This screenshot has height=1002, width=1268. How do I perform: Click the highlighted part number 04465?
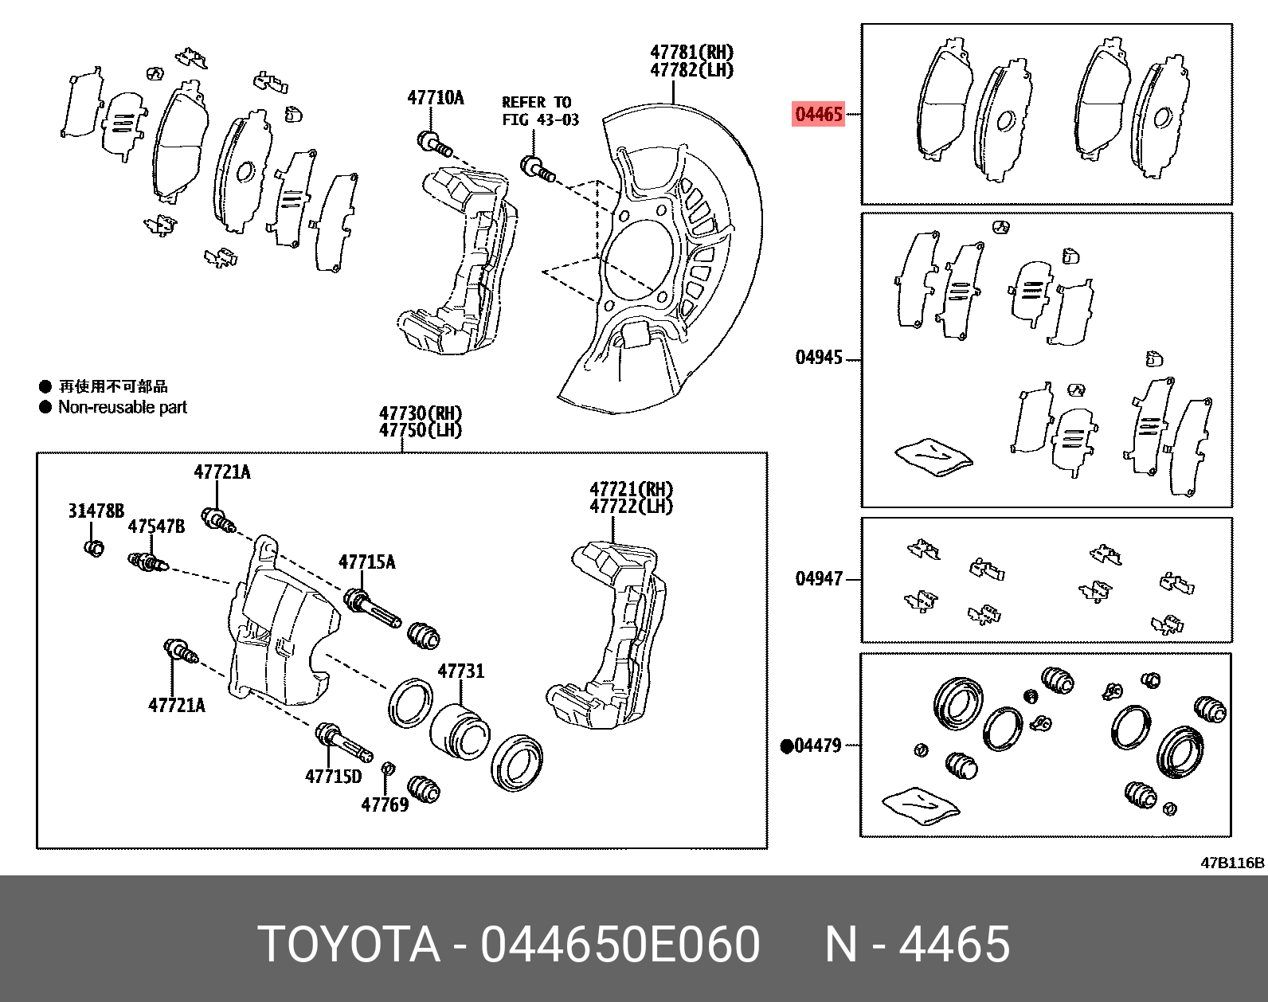coord(819,114)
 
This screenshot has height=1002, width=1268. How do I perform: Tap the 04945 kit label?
coord(819,358)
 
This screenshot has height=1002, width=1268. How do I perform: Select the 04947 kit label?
coord(819,578)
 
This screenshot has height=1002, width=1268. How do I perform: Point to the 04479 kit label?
coord(818,746)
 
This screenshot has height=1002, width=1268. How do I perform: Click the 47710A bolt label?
coord(436,98)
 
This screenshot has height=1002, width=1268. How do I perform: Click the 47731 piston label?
coord(460,671)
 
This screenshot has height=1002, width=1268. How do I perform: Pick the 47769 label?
coord(385,804)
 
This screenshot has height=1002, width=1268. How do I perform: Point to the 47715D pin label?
coord(333,776)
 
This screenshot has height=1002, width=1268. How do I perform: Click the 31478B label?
coord(96,511)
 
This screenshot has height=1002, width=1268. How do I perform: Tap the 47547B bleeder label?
coord(156,526)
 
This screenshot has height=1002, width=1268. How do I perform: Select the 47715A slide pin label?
coord(366,562)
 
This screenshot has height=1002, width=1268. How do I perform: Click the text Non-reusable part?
coord(122,407)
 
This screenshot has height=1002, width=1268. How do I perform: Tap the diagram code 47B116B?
coord(1232,863)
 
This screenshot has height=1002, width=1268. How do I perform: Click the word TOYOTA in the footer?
coord(349,945)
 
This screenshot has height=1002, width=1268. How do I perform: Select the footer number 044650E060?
coord(620,945)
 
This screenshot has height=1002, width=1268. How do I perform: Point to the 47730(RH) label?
coord(420,413)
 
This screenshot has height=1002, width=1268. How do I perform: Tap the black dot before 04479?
coord(787,746)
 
